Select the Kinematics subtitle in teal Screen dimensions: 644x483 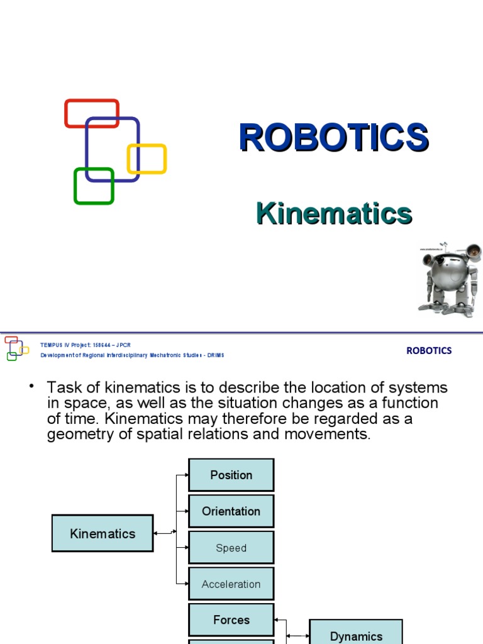click(334, 214)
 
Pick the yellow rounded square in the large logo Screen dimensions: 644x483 click(147, 158)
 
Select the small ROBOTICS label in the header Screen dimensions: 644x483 click(429, 351)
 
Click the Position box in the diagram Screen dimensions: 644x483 click(231, 475)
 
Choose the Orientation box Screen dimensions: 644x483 click(231, 511)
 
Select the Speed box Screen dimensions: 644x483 click(231, 548)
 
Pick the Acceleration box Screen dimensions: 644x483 click(231, 584)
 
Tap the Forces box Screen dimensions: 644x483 click(231, 620)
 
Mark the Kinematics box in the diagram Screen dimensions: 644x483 click(103, 533)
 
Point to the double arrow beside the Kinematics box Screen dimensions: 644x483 click(165, 533)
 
